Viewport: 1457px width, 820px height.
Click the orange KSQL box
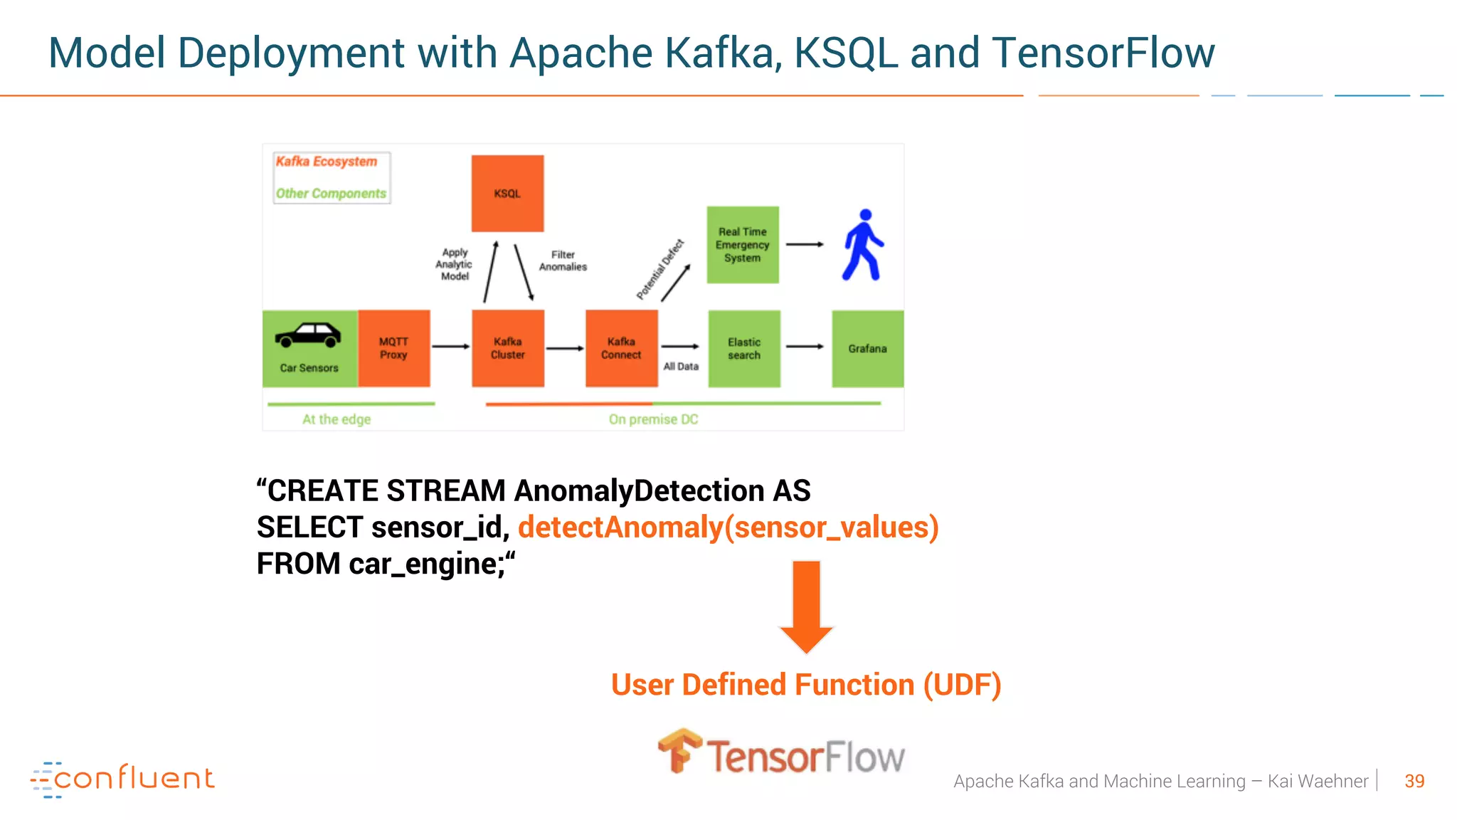507,194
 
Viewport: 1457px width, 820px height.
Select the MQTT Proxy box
393,348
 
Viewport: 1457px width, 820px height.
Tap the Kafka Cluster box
508,348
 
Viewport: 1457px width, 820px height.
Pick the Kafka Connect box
621,348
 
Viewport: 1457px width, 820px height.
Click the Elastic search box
744,348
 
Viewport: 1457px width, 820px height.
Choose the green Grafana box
867,348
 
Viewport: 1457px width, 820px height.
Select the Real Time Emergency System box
743,245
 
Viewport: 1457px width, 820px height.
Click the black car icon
308,335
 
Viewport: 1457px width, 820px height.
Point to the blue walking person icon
863,244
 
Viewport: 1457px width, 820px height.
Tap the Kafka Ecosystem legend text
327,162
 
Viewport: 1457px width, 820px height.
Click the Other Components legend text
331,194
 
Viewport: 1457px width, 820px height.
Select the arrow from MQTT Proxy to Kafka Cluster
450,347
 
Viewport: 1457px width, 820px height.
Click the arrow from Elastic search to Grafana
805,347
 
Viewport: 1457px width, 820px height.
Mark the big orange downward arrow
806,605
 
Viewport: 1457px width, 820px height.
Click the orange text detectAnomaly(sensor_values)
728,527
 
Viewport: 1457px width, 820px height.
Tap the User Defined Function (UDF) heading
806,685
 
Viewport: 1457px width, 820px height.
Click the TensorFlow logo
781,753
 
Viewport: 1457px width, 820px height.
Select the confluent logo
122,779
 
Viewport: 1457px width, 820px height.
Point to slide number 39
1414,782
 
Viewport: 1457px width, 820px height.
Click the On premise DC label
653,419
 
